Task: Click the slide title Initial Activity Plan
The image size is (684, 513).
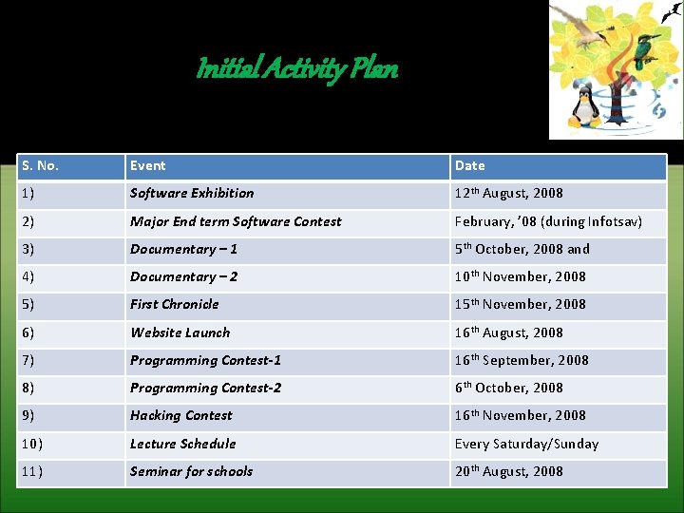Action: pyautogui.click(x=296, y=69)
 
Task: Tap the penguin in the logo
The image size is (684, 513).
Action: pyautogui.click(x=587, y=107)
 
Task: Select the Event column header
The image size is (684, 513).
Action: pyautogui.click(x=148, y=165)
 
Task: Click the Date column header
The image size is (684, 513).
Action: pyautogui.click(x=469, y=165)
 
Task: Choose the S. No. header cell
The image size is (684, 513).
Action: pyautogui.click(x=40, y=165)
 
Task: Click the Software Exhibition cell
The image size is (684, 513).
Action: pyautogui.click(x=192, y=193)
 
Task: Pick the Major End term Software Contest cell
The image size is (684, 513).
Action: pyautogui.click(x=236, y=221)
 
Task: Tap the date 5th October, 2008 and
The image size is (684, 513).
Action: pyautogui.click(x=522, y=249)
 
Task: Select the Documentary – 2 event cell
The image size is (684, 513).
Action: pyautogui.click(x=184, y=276)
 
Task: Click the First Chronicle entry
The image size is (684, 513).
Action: pyautogui.click(x=175, y=304)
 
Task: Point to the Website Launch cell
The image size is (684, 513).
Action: pyautogui.click(x=180, y=332)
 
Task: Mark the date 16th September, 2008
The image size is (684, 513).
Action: pyautogui.click(x=522, y=360)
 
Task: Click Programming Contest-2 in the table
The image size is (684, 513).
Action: pyautogui.click(x=206, y=388)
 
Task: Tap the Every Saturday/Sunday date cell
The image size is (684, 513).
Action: pyautogui.click(x=526, y=444)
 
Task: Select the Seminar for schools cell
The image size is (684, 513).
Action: pyautogui.click(x=192, y=471)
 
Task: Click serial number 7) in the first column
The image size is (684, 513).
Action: pyautogui.click(x=28, y=360)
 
